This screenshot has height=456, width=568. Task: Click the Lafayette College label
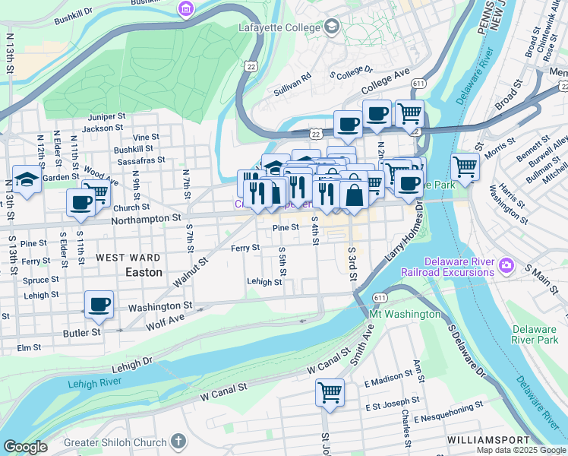pyautogui.click(x=279, y=28)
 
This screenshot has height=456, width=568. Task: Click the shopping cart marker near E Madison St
pyautogui.click(x=330, y=394)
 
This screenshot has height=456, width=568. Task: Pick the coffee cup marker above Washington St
pyautogui.click(x=99, y=306)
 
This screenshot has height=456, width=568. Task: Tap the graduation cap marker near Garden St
pyautogui.click(x=27, y=181)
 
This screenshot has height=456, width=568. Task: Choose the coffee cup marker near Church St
pyautogui.click(x=81, y=203)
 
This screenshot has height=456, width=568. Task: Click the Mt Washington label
pyautogui.click(x=404, y=314)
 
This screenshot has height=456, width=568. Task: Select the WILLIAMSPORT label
pyautogui.click(x=488, y=440)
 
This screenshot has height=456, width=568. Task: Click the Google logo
pyautogui.click(x=25, y=447)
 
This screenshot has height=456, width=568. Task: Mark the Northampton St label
pyautogui.click(x=146, y=218)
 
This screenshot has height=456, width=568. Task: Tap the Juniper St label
pyautogui.click(x=106, y=117)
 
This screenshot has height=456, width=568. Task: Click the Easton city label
pyautogui.click(x=144, y=271)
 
